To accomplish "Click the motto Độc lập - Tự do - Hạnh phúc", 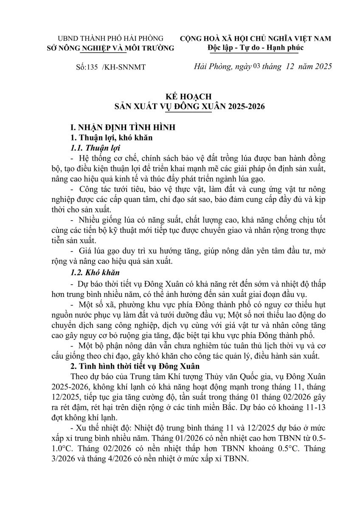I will [256, 47].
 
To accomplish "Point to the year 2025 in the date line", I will [321, 67].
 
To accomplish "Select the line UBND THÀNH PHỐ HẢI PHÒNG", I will [110, 39].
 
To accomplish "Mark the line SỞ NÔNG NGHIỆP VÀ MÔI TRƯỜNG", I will [110, 48].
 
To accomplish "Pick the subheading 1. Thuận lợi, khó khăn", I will [108, 138].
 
